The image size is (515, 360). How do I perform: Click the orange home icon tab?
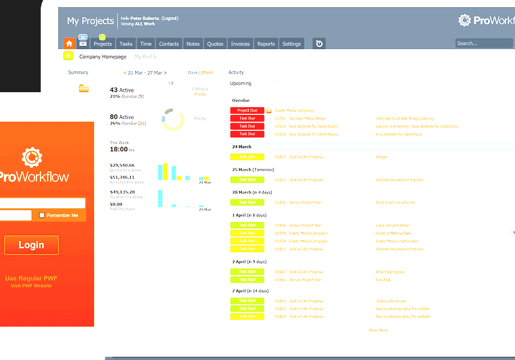pos(69,44)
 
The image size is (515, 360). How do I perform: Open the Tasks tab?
pos(126,44)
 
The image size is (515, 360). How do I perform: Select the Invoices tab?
pos(240,44)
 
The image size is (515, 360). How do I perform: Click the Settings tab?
pos(291,44)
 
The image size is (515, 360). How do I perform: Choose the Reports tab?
pos(266,44)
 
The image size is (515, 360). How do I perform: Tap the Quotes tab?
pos(215,44)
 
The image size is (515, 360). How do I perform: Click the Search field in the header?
pos(484,43)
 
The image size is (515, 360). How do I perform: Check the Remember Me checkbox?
pos(42,215)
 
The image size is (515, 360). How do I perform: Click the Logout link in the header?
pos(170,19)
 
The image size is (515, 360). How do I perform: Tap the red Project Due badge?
pos(247,111)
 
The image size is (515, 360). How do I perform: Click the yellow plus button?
pos(68,57)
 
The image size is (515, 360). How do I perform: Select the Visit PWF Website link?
pos(31,286)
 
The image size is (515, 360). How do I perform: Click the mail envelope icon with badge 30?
pos(83,44)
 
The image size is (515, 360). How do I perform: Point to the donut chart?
pos(173,119)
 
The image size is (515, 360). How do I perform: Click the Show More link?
pos(378,330)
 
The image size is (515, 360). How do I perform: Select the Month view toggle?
pos(207,73)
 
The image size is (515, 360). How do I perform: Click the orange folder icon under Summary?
pos(84,89)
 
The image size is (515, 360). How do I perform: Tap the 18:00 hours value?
pos(119,149)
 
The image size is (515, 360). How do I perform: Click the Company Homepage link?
pos(103,57)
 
